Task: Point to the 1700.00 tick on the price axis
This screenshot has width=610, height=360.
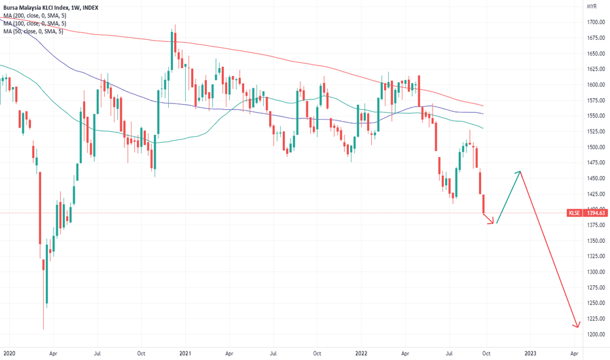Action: (x=595, y=22)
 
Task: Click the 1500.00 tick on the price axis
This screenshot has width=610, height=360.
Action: (x=595, y=147)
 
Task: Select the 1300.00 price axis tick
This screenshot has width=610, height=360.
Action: (x=595, y=272)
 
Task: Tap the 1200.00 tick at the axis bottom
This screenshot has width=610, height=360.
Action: (x=595, y=334)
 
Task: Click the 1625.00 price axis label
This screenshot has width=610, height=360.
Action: (x=595, y=69)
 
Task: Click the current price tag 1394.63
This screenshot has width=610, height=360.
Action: (x=596, y=213)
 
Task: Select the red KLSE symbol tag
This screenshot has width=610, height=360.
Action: (x=574, y=213)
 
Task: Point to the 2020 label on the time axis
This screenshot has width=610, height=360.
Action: (x=9, y=352)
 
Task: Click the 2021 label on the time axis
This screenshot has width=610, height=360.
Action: (x=185, y=352)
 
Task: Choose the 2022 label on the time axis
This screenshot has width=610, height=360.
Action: (x=361, y=352)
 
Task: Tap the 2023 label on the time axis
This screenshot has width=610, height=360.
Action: (x=530, y=352)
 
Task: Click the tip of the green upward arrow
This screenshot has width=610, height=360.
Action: (x=520, y=172)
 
